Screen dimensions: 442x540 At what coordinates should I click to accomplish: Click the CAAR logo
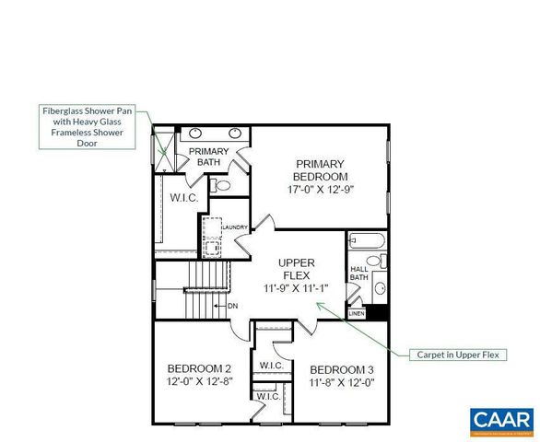click(x=501, y=421)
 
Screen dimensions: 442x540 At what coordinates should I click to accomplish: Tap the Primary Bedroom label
click(x=320, y=169)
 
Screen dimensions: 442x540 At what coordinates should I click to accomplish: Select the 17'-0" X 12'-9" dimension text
click(x=320, y=190)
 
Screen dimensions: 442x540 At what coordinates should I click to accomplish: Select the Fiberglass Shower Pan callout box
click(x=88, y=126)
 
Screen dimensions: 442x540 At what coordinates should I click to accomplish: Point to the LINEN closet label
click(x=356, y=313)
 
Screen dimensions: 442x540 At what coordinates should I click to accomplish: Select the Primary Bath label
click(x=210, y=157)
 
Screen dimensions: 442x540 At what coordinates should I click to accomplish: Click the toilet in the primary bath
click(x=221, y=185)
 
